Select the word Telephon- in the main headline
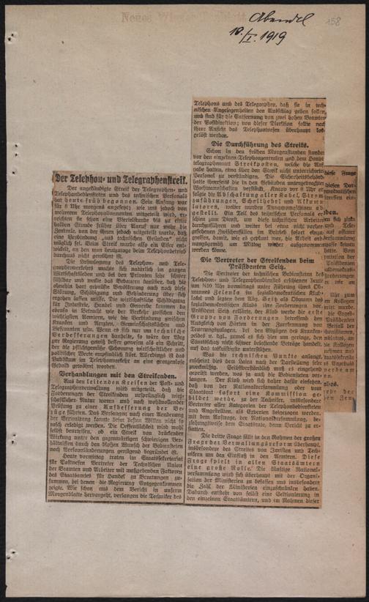(81, 178)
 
